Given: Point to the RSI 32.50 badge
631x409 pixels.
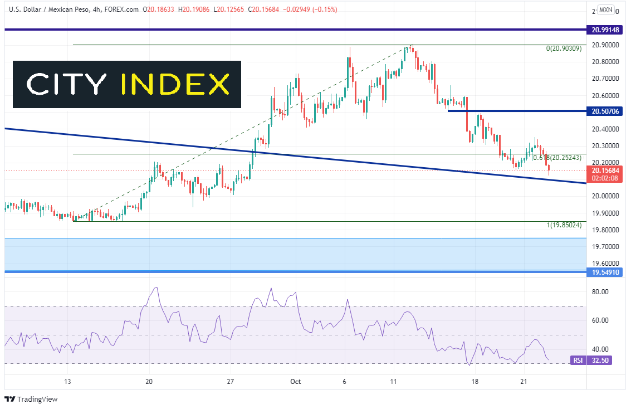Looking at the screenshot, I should tap(590, 361).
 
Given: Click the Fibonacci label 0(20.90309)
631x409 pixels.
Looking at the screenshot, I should tap(564, 49).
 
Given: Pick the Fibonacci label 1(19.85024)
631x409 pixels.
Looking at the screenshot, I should tap(564, 225).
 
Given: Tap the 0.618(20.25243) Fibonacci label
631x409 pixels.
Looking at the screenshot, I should tap(557, 158).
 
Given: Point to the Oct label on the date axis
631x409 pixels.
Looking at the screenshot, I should tap(295, 382).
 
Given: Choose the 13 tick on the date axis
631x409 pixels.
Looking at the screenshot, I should tap(67, 382).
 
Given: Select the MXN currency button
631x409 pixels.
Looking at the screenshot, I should tap(606, 10).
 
